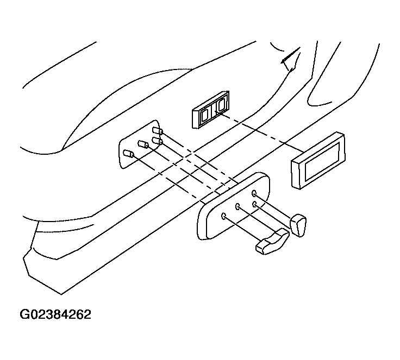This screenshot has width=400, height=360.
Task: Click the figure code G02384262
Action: click(x=55, y=314)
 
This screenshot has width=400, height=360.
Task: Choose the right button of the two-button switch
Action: click(x=221, y=104)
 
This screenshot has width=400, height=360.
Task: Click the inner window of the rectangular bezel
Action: click(x=322, y=161)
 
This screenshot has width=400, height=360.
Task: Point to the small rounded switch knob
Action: click(x=298, y=225)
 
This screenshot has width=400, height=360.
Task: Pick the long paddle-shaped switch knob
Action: click(x=272, y=242)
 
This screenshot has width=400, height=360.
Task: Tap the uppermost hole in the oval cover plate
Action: click(x=254, y=193)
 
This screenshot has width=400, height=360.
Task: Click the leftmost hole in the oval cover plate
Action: click(x=224, y=217)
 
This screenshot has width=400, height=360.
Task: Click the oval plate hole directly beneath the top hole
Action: click(x=254, y=204)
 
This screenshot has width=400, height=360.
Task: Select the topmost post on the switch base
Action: click(x=158, y=131)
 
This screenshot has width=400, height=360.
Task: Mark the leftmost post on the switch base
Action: click(x=128, y=154)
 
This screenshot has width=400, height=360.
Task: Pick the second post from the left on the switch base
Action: click(x=143, y=144)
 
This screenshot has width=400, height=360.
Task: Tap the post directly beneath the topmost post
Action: click(x=157, y=141)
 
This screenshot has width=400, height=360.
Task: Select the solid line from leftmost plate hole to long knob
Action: click(x=243, y=229)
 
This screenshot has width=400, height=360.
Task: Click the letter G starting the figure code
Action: click(x=24, y=314)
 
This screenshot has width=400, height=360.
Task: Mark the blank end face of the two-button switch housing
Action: click(x=196, y=119)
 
